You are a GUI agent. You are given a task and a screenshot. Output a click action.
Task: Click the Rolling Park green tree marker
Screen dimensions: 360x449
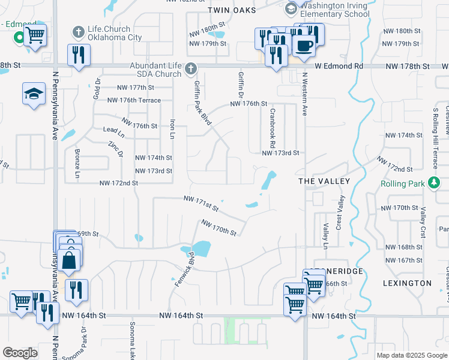(x=434, y=184)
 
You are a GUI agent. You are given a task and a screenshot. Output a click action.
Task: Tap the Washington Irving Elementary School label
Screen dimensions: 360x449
(x=334, y=10)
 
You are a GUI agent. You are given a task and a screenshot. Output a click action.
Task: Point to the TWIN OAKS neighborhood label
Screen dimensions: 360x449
(x=232, y=10)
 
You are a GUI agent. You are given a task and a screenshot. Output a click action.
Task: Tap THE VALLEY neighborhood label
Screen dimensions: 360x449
(x=324, y=181)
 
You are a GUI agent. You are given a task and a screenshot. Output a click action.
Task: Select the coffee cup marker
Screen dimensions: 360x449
(x=304, y=45)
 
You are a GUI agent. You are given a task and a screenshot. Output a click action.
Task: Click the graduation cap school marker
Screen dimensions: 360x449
(x=34, y=94)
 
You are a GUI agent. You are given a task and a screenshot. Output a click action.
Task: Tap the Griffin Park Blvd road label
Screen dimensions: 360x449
(x=202, y=103)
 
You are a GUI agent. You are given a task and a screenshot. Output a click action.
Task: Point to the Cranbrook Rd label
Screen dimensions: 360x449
(x=272, y=128)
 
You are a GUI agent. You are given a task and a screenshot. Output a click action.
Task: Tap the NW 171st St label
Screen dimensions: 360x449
(x=200, y=204)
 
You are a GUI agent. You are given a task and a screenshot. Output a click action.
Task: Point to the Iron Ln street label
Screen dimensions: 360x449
(x=172, y=129)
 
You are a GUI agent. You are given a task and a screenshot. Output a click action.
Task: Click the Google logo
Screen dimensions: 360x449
(x=20, y=353)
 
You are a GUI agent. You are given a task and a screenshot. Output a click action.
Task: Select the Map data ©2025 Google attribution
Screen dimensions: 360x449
(x=411, y=355)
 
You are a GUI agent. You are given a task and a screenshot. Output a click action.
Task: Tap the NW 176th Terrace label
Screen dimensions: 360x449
(x=134, y=100)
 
